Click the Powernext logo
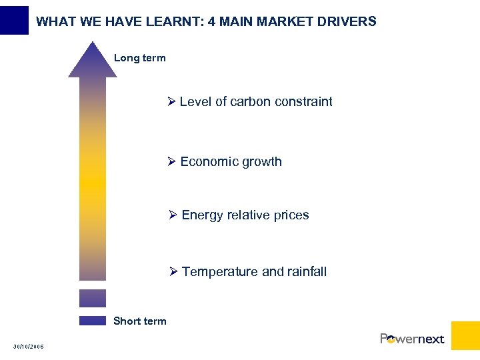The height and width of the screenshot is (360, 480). [x=412, y=339]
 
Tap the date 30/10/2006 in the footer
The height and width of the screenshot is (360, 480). [x=29, y=347]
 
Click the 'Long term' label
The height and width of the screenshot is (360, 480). [x=139, y=58]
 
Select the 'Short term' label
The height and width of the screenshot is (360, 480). [x=140, y=321]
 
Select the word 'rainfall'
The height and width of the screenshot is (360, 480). [x=307, y=272]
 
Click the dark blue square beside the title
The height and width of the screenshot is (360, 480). [x=14, y=20]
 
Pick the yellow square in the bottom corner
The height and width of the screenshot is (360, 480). [x=465, y=335]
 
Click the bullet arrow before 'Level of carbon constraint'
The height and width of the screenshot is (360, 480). [x=171, y=102]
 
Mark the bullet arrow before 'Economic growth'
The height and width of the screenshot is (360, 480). [x=171, y=162]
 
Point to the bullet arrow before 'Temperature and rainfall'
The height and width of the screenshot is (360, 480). [x=173, y=272]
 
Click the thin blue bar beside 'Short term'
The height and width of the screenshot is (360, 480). [x=93, y=321]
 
